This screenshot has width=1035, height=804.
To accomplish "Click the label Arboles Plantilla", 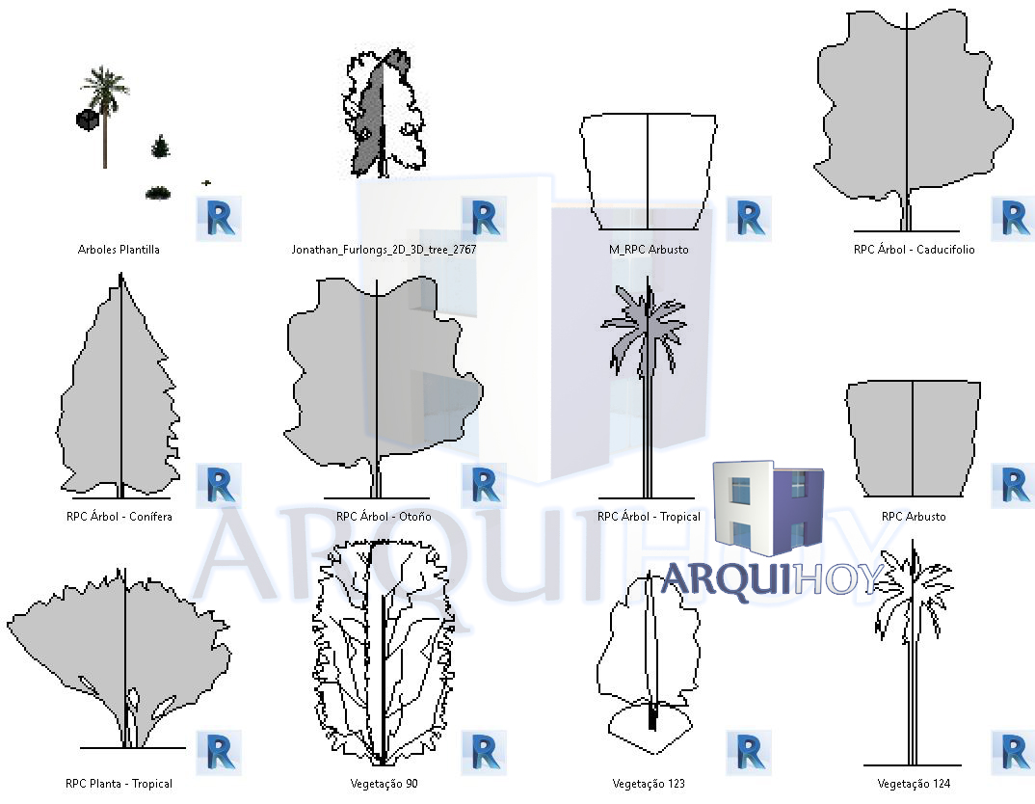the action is pos(119,250).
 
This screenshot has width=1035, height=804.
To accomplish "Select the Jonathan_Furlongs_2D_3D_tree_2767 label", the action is pos(384,250).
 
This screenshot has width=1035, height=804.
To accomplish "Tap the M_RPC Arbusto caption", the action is pos(649,250).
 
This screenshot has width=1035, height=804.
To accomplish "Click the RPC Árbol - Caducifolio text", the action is pos(914,250).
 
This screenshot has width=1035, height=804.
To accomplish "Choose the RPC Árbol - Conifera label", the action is pos(119,517).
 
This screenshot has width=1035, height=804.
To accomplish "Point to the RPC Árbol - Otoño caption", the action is pos(384,517).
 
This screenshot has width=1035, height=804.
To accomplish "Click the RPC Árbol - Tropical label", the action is pos(649,517).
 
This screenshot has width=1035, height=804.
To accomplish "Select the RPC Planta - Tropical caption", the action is pos(119,784).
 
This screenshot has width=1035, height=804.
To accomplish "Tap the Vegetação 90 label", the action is pos(384,784).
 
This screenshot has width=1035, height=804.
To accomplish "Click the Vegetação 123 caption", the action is pos(649,784).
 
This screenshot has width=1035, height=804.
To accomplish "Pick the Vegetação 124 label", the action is pos(914,784).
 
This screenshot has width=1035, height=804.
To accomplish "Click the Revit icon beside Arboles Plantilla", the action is pos(219,219).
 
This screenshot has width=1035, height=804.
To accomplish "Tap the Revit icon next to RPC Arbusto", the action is pos(1014,486).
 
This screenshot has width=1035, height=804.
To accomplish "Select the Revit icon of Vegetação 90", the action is pos(484,753).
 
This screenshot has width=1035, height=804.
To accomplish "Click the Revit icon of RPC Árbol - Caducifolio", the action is pos(1014,219).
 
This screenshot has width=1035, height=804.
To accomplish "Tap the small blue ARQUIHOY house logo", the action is pos(768,506).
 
